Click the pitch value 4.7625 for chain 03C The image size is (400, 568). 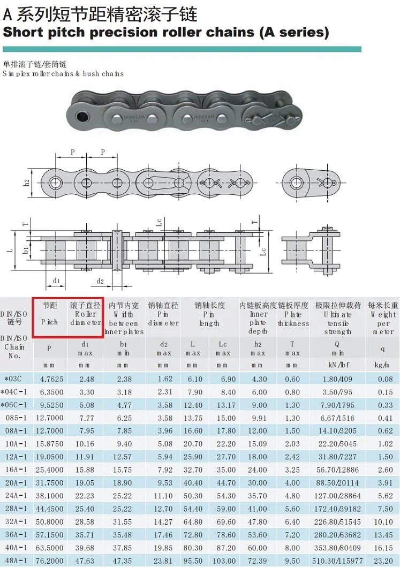click(x=49, y=379)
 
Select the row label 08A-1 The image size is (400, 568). click(x=16, y=431)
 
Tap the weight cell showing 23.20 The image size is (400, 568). click(x=383, y=561)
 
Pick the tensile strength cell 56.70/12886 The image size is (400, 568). click(x=337, y=470)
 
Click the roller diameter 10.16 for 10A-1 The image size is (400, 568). click(x=85, y=444)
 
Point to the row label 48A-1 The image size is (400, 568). click(x=16, y=561)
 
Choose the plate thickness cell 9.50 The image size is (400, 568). click(x=292, y=561)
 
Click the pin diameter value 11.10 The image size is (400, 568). click(x=163, y=496)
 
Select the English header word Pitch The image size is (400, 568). click(x=49, y=322)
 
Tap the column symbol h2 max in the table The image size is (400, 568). click(x=258, y=349)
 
